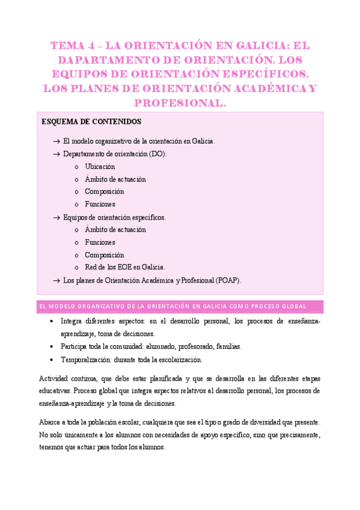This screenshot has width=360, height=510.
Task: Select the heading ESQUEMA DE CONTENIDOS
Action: point(91,121)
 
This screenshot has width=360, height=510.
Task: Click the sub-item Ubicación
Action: point(100,167)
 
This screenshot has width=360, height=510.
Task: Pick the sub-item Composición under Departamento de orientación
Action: point(105,192)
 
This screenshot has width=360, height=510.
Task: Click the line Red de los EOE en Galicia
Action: point(124,267)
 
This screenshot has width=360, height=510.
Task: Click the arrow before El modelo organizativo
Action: point(56,141)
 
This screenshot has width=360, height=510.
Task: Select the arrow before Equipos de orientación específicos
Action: point(56,217)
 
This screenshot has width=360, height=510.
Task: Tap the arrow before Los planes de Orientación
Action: point(56,280)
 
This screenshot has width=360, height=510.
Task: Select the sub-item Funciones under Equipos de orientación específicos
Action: point(100,242)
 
